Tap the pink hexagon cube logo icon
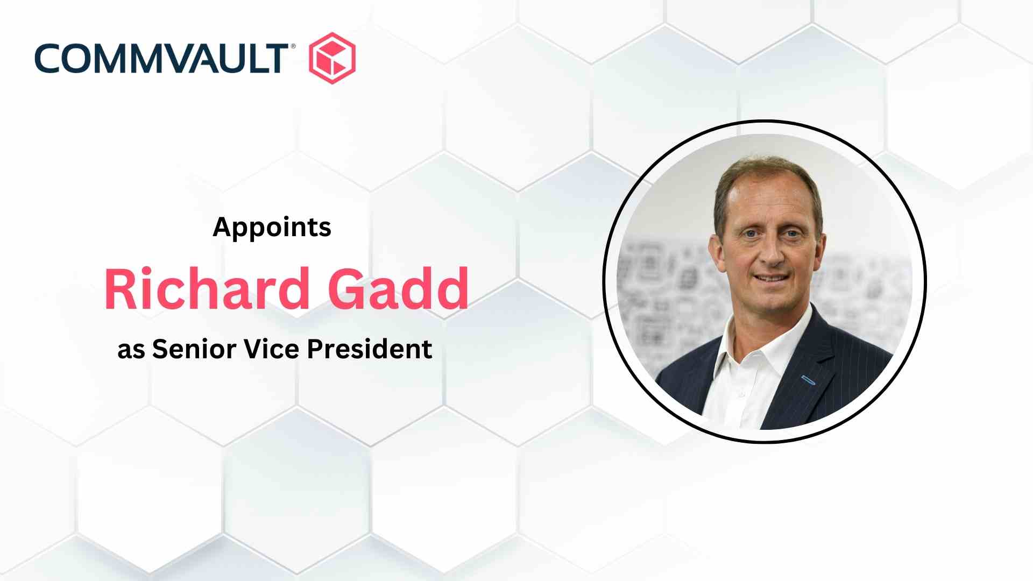(332, 58)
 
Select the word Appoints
(272, 228)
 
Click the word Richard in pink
(207, 289)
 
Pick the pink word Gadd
(398, 289)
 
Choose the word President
(370, 349)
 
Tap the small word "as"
(131, 351)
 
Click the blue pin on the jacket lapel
(808, 380)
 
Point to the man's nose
(774, 253)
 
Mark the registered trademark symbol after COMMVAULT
(293, 47)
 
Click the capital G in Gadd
(348, 289)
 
